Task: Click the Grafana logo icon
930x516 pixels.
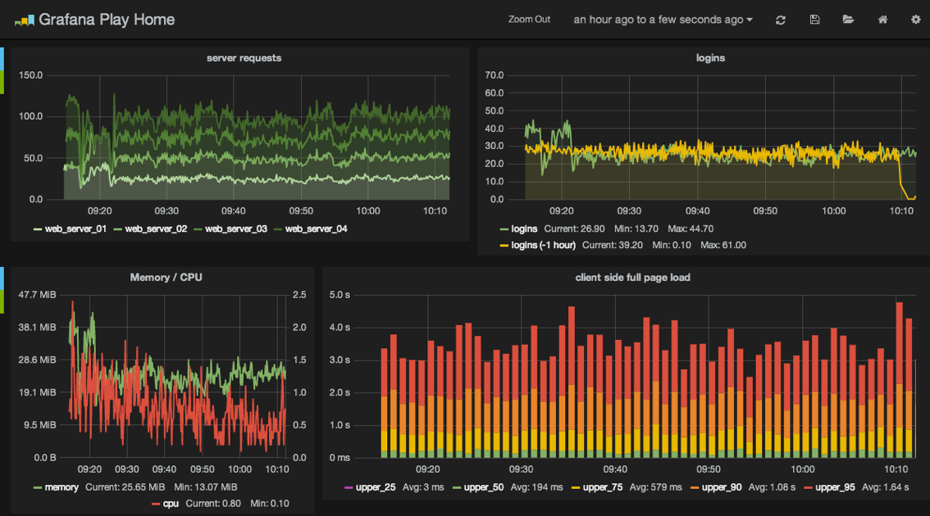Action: (24, 20)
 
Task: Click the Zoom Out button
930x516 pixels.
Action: (529, 20)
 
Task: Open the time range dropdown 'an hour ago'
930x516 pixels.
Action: (663, 20)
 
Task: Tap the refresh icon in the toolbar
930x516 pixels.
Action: (781, 20)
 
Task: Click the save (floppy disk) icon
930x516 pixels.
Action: (814, 20)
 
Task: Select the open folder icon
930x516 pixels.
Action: (848, 20)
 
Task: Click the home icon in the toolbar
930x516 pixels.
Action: (882, 20)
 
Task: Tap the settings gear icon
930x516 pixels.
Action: (915, 20)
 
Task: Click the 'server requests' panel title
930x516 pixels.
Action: (244, 58)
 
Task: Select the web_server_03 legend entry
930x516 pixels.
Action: (235, 229)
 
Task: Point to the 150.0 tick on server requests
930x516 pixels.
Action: (30, 75)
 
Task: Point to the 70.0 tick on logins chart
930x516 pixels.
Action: (494, 75)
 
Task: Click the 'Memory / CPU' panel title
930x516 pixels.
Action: (166, 278)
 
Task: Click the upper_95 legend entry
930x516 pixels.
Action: (836, 488)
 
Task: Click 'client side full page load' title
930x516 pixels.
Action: (632, 278)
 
